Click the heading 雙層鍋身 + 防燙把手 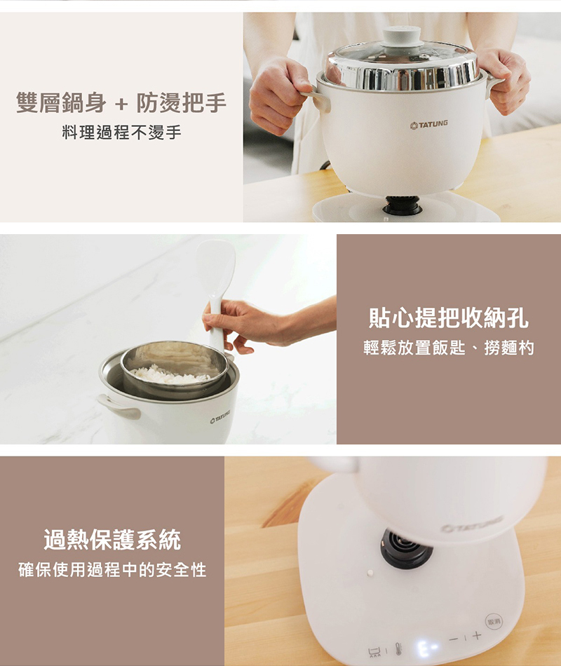tap(121, 103)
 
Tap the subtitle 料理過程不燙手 tap(121, 133)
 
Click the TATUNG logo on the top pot tap(429, 125)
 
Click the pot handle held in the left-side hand tap(317, 99)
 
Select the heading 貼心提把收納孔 tap(449, 318)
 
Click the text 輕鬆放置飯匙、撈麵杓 tap(448, 348)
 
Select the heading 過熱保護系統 tap(112, 540)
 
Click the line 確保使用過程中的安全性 tap(112, 569)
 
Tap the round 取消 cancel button tap(494, 622)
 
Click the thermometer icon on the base tap(398, 648)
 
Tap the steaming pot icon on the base tap(374, 652)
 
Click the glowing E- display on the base tap(426, 646)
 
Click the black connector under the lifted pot tap(406, 548)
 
